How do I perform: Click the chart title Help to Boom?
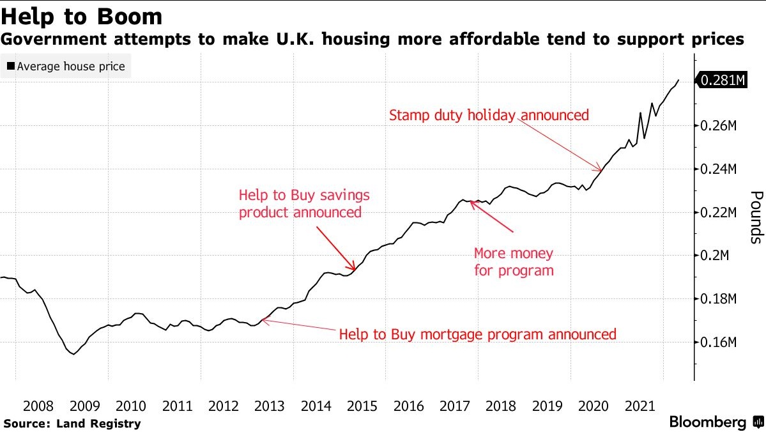point(82,16)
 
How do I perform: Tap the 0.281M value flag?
point(723,80)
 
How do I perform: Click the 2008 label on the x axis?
point(38,406)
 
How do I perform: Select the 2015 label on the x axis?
point(362,406)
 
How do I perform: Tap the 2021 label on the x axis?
point(640,406)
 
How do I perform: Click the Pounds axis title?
point(756,217)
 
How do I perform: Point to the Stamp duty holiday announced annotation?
point(488,116)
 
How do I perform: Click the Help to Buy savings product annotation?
point(303,203)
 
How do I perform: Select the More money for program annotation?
point(514,262)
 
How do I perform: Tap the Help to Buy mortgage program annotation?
point(477,334)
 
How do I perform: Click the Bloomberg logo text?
point(707,422)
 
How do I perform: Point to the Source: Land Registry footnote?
point(72,423)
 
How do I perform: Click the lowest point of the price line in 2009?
point(73,354)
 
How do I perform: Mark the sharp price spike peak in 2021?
point(640,112)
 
